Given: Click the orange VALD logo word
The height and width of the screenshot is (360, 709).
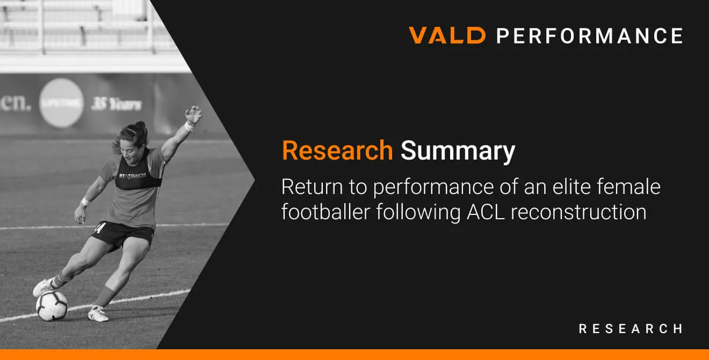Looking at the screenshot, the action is [x=447, y=35].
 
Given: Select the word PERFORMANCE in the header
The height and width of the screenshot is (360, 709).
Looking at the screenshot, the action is [x=590, y=35].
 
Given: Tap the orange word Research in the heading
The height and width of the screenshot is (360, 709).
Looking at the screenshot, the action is [x=337, y=150].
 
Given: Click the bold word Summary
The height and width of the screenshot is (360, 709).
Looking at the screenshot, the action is [x=458, y=152].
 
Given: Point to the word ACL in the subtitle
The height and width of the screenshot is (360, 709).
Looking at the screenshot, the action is [x=486, y=212].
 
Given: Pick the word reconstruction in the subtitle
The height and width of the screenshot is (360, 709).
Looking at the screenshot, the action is [x=578, y=212].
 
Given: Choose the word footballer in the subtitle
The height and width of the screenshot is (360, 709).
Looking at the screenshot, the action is [x=325, y=212].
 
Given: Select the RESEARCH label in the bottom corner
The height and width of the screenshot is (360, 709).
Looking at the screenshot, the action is [x=631, y=329].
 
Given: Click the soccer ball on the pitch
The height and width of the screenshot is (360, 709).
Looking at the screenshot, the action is [x=52, y=306].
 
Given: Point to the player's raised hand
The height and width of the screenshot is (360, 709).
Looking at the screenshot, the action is [x=193, y=114].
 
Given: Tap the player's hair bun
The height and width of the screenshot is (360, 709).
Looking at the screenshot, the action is [x=140, y=125].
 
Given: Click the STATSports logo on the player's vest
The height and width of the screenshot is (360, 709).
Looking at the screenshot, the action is [x=132, y=175].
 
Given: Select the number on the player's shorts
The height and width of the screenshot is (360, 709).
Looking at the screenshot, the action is [x=100, y=228].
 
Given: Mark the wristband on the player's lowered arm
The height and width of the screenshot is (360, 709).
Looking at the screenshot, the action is [x=85, y=201].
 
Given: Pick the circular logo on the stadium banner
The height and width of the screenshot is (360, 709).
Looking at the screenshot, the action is [x=61, y=103].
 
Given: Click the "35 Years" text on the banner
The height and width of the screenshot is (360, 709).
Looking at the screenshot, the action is [x=117, y=104].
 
